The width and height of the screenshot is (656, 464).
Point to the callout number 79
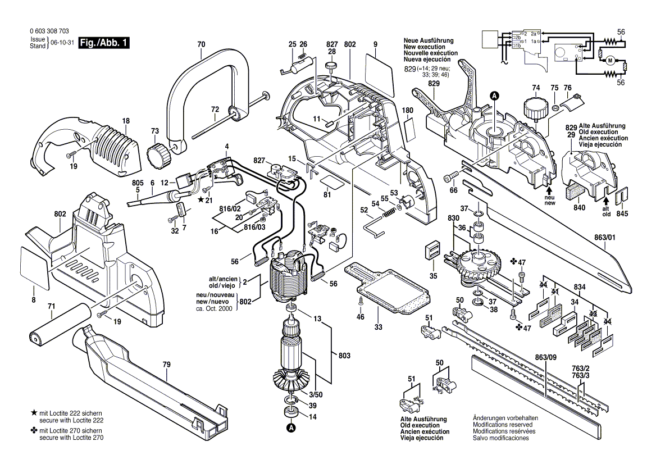pos(166,365)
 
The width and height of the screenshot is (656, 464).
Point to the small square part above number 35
pos(432,250)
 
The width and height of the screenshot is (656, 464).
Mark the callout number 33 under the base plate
pos(379,327)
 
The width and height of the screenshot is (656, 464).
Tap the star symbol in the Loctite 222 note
pos(34,413)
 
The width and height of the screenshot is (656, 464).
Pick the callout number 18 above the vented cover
pos(126,120)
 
